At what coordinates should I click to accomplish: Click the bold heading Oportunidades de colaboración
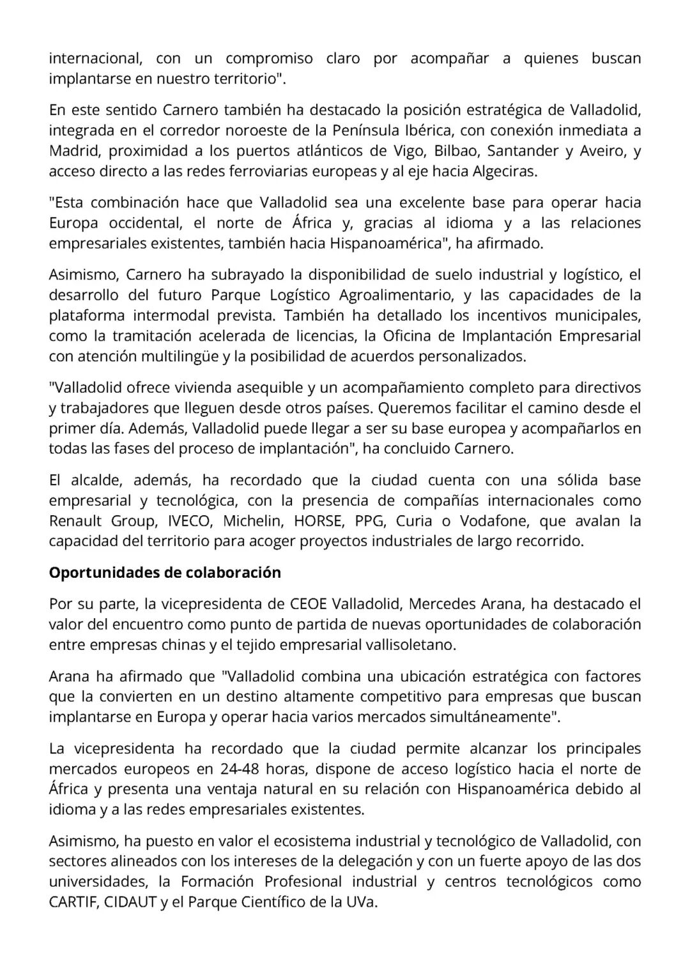pos(165,573)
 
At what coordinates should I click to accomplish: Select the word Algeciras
pos(504,172)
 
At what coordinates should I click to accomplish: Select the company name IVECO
pos(190,521)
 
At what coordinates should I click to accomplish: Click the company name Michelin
pos(252,521)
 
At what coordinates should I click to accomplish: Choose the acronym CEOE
pos(309,604)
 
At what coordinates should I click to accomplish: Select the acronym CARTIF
pos(71,903)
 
